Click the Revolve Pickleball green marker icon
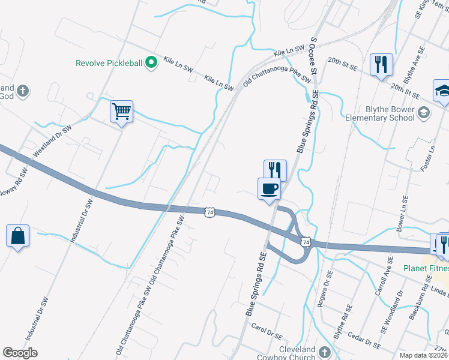(x=152, y=62)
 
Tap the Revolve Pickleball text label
(x=110, y=62)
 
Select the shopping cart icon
(x=121, y=112)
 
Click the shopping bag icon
(x=18, y=236)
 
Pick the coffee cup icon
(x=269, y=189)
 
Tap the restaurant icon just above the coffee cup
(x=276, y=170)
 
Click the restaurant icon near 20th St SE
(x=381, y=64)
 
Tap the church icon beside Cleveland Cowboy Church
(x=325, y=352)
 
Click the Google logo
(x=20, y=353)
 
